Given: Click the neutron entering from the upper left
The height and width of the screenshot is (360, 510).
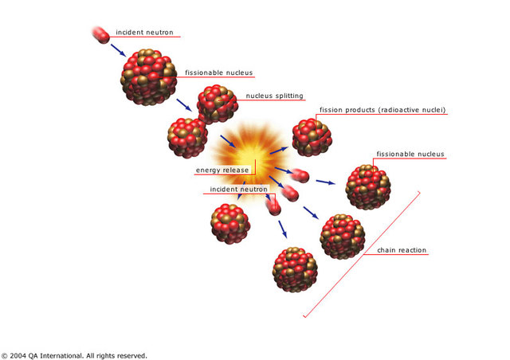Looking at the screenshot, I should pos(101,34).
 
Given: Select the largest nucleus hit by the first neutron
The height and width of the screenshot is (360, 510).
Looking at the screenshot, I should pos(150,77).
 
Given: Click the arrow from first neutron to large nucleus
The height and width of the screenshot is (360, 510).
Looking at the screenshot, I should pos(117,51).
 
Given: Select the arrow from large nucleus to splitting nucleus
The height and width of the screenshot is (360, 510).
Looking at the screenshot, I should pos(184,105).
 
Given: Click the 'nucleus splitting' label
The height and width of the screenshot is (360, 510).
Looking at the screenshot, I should pos(274,96).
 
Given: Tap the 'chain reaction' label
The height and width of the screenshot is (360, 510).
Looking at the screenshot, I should pos(402,250).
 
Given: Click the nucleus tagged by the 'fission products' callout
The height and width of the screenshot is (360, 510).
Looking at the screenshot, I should pos(312,137).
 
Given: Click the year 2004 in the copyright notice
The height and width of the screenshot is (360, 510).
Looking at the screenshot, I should pos(18,355).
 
